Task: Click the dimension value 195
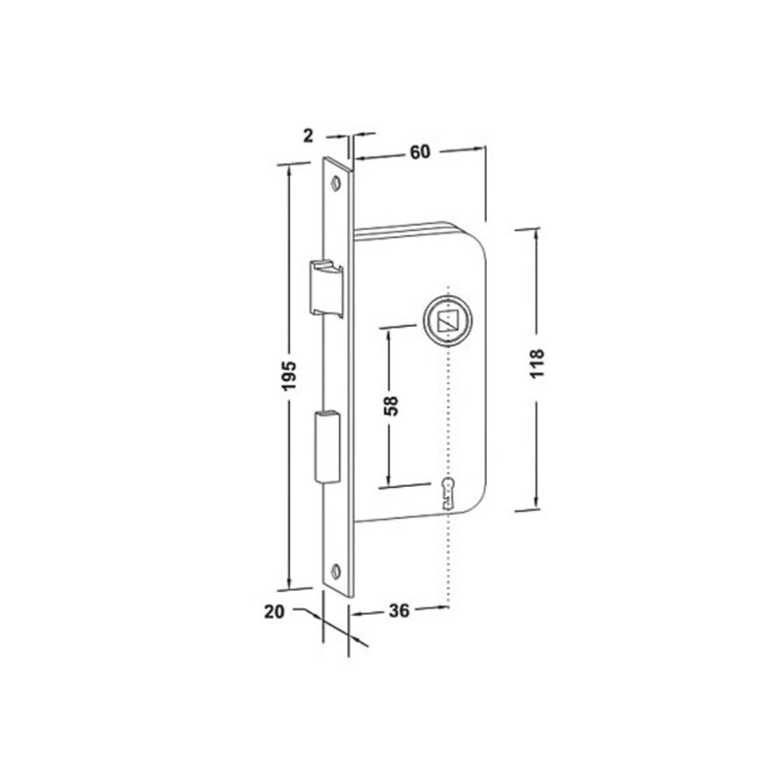click(290, 375)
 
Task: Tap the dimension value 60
click(420, 151)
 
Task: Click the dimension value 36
click(399, 611)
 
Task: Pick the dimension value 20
click(275, 611)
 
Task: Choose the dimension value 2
click(309, 135)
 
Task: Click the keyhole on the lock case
click(448, 493)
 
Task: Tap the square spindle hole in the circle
click(447, 321)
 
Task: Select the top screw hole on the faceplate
click(336, 182)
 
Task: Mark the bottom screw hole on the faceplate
click(336, 570)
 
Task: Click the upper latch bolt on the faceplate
click(326, 286)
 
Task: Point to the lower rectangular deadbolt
click(326, 447)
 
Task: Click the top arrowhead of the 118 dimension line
click(537, 235)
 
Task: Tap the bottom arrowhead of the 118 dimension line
click(537, 503)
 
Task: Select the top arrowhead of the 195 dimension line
click(290, 170)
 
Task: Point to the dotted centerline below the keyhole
click(448, 559)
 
